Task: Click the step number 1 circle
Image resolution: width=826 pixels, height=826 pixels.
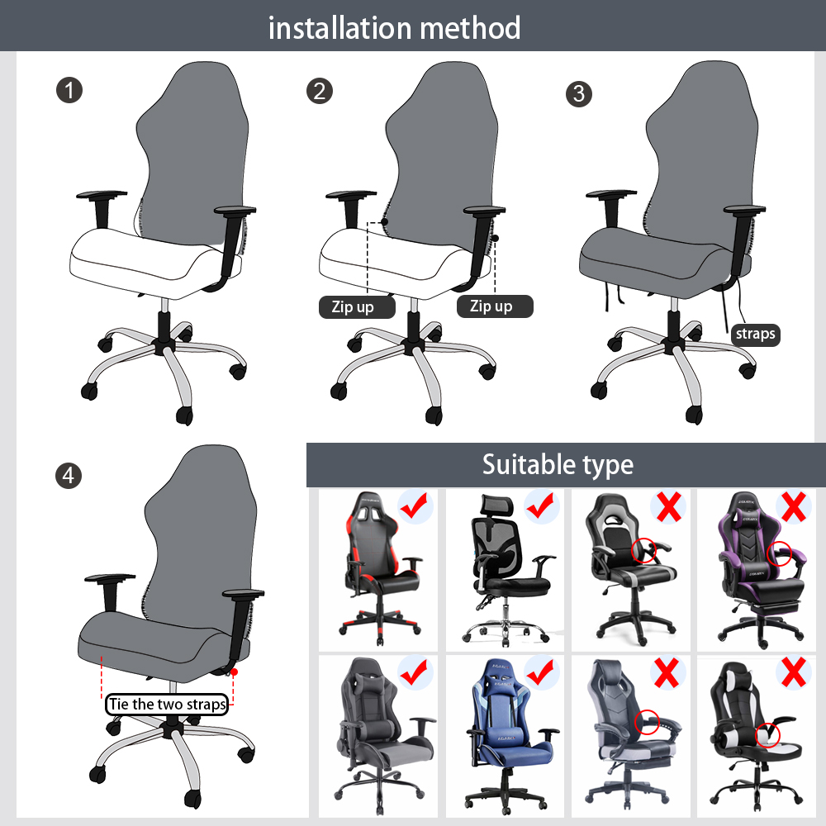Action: click(69, 90)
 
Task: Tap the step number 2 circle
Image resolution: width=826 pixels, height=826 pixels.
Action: click(319, 90)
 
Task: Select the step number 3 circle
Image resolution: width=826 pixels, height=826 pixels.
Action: click(578, 93)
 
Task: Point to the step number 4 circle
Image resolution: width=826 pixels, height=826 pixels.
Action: click(69, 475)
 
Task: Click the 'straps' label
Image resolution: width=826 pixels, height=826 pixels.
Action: click(755, 334)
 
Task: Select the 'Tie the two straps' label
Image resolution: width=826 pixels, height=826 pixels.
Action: click(167, 705)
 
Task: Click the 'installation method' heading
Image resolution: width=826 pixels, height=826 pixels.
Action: click(395, 28)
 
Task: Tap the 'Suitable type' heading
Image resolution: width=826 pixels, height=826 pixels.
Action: click(558, 464)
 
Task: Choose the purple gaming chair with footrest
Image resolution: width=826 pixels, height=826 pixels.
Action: click(756, 570)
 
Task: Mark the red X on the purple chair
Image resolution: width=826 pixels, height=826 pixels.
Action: click(793, 506)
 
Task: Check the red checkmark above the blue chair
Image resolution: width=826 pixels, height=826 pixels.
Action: click(542, 672)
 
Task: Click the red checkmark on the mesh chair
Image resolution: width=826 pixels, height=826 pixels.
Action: click(542, 506)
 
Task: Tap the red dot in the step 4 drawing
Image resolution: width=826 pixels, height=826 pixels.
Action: click(235, 672)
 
